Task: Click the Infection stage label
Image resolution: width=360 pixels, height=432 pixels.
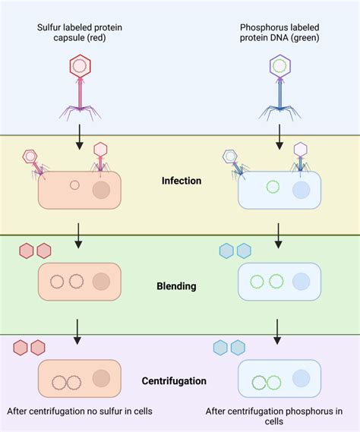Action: pyautogui.click(x=181, y=181)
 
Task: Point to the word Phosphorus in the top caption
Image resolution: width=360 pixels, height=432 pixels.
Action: pyautogui.click(x=257, y=28)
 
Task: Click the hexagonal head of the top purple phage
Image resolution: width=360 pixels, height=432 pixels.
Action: pyautogui.click(x=279, y=66)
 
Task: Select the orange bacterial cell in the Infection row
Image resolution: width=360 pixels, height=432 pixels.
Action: pyautogui.click(x=79, y=189)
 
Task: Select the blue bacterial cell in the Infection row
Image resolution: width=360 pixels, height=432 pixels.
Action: pyautogui.click(x=279, y=189)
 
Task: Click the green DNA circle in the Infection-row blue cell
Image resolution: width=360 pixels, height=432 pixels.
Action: pyautogui.click(x=272, y=185)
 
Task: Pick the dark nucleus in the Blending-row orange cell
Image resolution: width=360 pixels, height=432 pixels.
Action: pyautogui.click(x=101, y=282)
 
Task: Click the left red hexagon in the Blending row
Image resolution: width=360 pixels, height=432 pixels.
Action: pyautogui.click(x=27, y=250)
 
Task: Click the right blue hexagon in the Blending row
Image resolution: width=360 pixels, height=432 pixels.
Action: pyautogui.click(x=244, y=251)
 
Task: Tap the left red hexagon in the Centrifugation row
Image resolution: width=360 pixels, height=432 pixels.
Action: pyautogui.click(x=20, y=347)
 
